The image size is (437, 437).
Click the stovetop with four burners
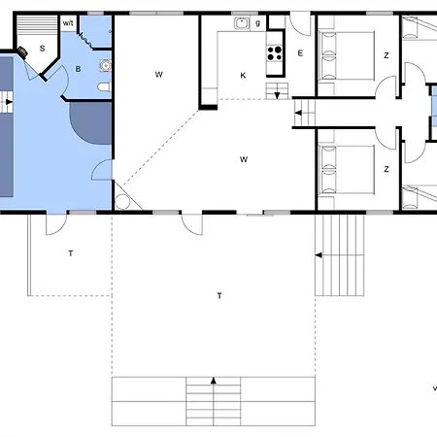275,53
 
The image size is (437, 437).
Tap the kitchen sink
242,23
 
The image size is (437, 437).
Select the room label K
243,76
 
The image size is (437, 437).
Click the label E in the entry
300,53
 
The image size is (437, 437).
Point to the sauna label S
42,49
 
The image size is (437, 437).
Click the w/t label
68,23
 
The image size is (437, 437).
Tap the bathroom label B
78,69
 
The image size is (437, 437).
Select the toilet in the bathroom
105,87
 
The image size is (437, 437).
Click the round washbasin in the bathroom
106,65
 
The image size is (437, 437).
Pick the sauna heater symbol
22,51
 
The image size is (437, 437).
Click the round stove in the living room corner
122,202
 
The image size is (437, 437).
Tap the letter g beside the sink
257,23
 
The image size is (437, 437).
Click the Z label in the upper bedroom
387,55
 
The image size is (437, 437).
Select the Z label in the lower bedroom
387,169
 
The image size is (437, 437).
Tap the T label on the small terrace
71,253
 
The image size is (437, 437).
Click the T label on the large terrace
219,295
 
